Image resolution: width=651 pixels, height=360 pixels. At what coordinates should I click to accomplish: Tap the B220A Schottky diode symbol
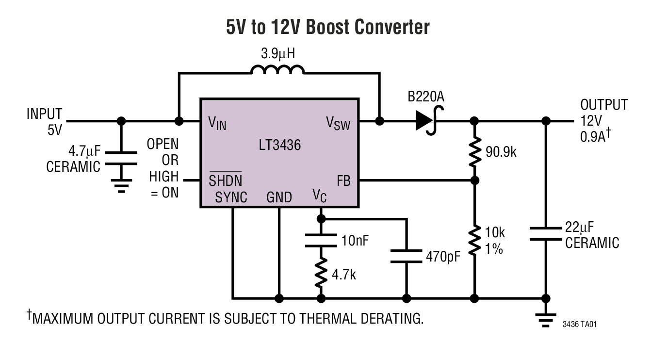coord(425,121)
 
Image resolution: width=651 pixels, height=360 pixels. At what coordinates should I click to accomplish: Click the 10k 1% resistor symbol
coord(475,239)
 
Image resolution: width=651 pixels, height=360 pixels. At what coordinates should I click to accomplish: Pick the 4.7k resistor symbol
coord(320,273)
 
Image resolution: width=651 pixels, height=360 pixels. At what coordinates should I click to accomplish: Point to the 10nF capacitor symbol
coord(320,240)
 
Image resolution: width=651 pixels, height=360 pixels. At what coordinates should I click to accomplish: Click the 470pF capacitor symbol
coord(407,256)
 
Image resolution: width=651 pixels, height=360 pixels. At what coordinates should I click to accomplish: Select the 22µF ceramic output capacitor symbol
coord(546,233)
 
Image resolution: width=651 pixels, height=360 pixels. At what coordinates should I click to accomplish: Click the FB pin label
coord(343,181)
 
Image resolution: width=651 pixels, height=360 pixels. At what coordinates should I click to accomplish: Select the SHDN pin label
coord(226,180)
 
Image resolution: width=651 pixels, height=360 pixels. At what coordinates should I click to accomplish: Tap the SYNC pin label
coord(231,197)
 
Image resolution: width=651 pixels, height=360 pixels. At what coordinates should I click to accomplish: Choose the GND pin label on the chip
coord(279,197)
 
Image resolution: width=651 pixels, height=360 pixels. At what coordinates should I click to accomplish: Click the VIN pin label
coord(217,124)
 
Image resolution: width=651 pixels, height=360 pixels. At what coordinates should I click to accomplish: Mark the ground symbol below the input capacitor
coord(121,186)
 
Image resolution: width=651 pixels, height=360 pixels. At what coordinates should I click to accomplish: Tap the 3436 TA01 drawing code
coord(579,324)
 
